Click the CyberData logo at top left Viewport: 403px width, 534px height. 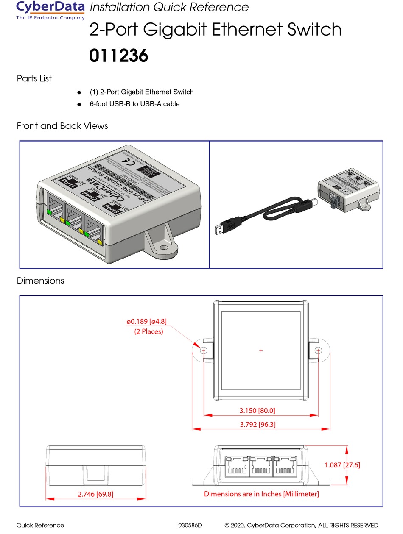coord(50,10)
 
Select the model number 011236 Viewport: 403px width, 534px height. coord(118,56)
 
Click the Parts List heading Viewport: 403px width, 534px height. coord(34,78)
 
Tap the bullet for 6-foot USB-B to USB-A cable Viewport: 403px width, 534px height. coord(78,105)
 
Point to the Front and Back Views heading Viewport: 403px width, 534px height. coord(62,126)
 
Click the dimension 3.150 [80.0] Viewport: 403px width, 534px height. coord(257,410)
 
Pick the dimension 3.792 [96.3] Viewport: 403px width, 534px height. coord(257,424)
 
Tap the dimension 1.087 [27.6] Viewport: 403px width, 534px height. coord(342,465)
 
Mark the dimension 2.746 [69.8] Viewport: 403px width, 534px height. coord(96,494)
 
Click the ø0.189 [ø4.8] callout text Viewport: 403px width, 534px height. coord(146,322)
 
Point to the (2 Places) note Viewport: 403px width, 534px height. coord(148,331)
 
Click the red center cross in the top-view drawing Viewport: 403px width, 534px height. coord(261,350)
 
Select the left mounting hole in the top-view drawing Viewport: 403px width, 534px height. coord(203,350)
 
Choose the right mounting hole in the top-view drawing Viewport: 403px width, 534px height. coord(319,350)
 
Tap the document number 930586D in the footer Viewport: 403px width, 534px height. coord(190,525)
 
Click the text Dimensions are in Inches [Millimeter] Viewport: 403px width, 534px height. coord(261,494)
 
